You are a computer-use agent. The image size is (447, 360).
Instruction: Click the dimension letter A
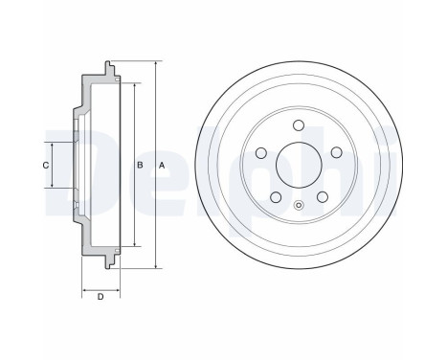[162, 166]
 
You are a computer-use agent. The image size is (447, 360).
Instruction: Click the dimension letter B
[140, 166]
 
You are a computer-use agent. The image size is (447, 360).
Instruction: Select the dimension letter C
[46, 166]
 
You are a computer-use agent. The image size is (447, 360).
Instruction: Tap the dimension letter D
[101, 297]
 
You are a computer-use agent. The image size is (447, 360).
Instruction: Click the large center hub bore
[299, 165]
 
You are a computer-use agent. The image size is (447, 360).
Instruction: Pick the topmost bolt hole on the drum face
[299, 125]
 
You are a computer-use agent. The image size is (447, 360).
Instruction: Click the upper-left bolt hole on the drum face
[261, 152]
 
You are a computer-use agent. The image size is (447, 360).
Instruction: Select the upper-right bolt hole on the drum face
[336, 152]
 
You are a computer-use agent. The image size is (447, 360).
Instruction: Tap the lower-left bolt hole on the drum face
[276, 197]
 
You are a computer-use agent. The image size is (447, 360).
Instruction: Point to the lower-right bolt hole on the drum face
[323, 196]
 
